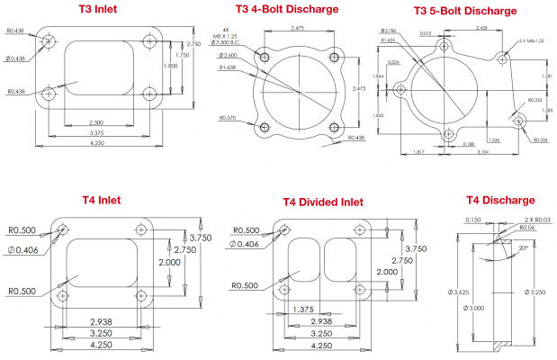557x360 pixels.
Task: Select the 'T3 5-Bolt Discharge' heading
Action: tap(464, 11)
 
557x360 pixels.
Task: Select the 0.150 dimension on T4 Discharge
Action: tap(470, 219)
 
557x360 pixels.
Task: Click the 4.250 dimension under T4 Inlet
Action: tap(101, 343)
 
